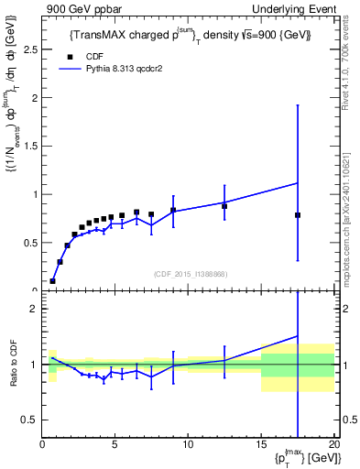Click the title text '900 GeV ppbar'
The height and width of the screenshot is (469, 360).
(77, 8)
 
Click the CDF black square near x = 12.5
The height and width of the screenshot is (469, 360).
(224, 206)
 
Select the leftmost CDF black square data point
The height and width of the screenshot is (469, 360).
(53, 281)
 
